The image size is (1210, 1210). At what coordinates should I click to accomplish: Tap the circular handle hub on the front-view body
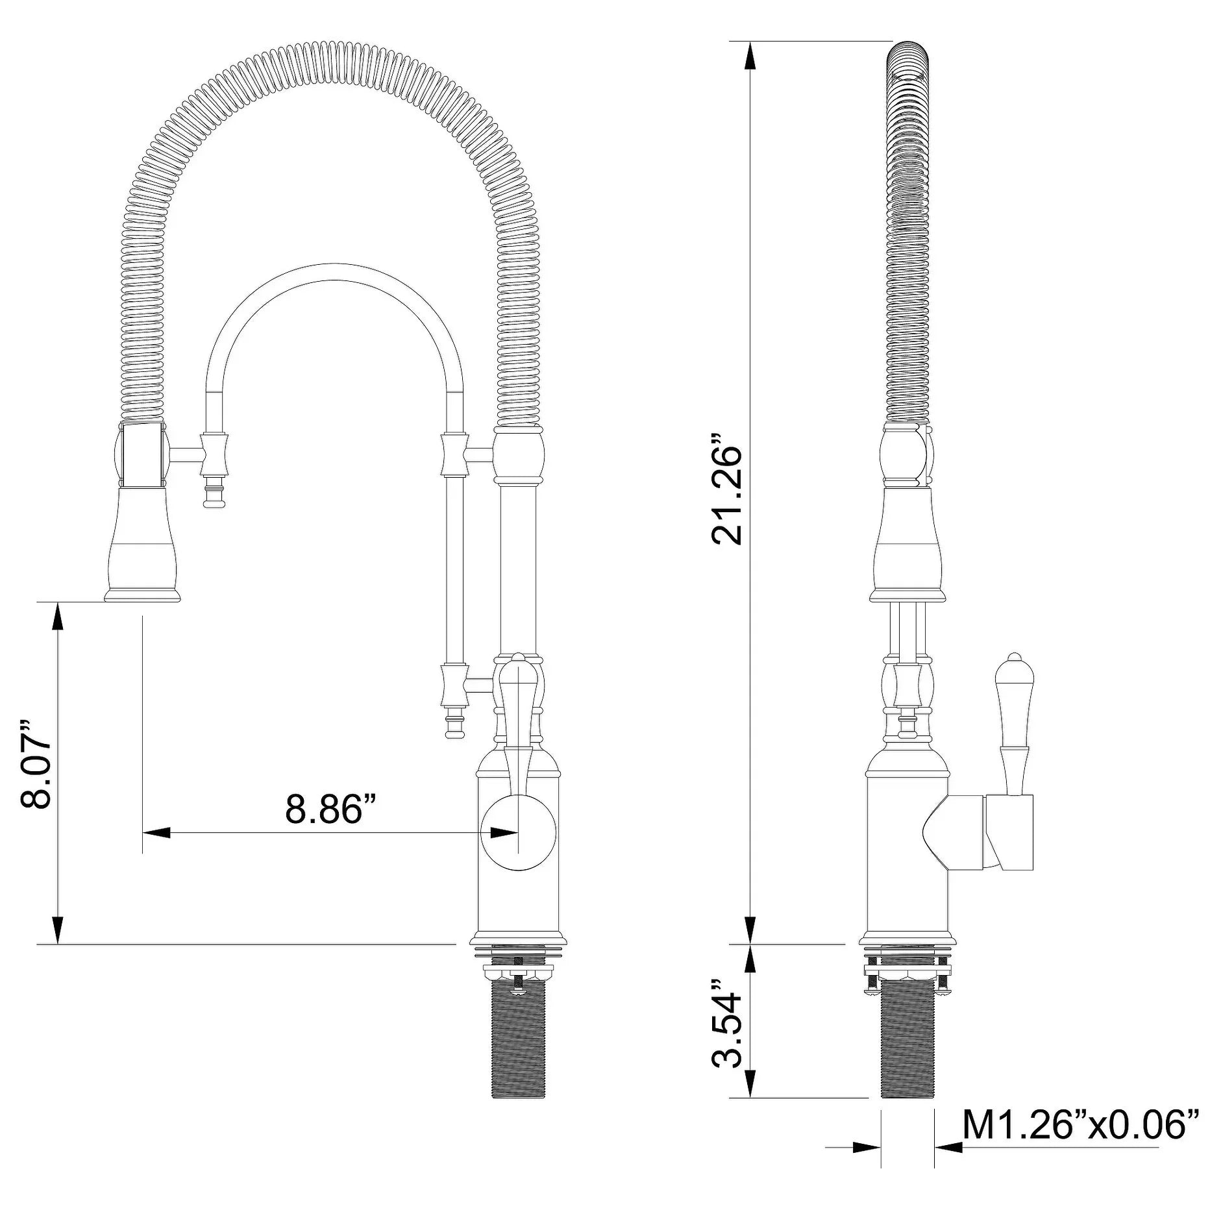[518, 832]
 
